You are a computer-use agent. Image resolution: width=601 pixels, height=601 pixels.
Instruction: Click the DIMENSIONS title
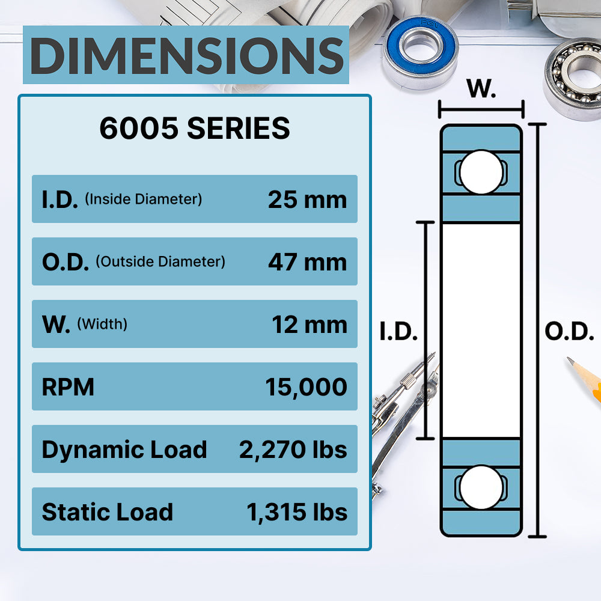[186, 55]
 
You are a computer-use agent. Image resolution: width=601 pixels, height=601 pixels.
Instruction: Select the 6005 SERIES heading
[194, 129]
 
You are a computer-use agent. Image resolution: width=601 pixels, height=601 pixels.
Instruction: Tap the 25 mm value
[307, 200]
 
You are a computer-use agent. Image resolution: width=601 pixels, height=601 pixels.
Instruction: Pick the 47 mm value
[307, 262]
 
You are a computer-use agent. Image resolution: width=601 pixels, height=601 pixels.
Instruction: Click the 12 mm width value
[310, 325]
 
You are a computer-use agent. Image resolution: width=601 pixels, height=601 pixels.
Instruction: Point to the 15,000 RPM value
[306, 387]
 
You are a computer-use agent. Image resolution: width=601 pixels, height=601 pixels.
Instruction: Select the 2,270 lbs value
[293, 450]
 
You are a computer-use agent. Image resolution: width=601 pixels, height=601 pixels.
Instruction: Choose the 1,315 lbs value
[296, 512]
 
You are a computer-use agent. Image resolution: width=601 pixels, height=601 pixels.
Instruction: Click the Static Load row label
[107, 512]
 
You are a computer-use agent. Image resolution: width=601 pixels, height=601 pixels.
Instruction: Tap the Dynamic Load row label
[124, 450]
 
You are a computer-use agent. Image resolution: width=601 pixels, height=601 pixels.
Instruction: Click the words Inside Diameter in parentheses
[143, 200]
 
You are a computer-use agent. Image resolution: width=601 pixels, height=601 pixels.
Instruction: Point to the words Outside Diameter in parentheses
[160, 262]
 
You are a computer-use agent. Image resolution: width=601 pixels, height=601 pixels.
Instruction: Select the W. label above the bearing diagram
[481, 90]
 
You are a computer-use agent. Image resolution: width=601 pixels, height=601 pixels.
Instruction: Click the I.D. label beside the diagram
[398, 332]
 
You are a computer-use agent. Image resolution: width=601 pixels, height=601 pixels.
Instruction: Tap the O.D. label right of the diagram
[569, 332]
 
